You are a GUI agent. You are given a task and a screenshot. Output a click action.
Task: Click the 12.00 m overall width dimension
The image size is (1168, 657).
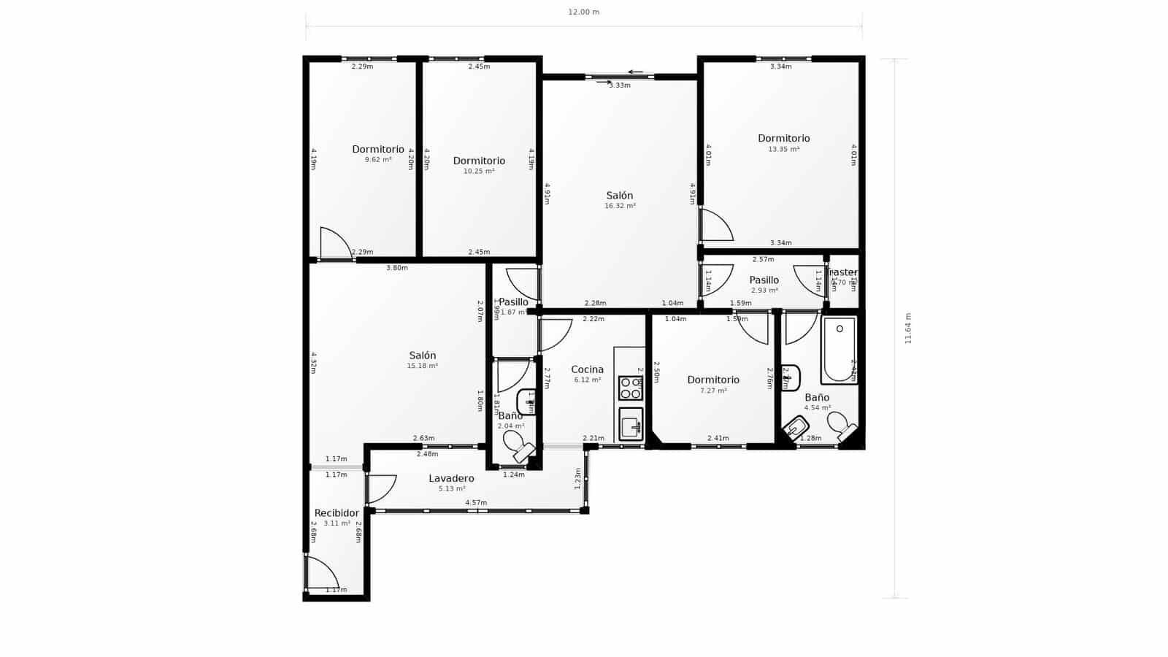click(583, 12)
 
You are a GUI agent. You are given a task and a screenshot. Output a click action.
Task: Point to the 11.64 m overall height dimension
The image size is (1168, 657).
click(908, 328)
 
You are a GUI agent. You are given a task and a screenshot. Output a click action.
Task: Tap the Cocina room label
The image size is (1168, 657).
click(587, 369)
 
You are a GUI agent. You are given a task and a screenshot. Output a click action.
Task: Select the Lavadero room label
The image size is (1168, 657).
click(451, 479)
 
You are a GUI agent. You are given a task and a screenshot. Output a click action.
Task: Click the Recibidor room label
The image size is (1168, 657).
click(337, 513)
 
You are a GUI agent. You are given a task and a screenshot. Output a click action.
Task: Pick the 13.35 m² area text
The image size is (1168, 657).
click(783, 150)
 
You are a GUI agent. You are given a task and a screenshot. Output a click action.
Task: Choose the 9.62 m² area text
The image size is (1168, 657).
click(378, 160)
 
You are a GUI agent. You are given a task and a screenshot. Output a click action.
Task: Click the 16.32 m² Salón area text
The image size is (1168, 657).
click(620, 207)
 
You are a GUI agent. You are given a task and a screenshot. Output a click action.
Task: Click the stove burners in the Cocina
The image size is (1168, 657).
click(630, 388)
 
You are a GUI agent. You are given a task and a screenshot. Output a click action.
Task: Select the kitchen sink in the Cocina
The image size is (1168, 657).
click(630, 423)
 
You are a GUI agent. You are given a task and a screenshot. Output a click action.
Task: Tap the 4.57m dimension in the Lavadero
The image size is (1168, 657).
click(476, 502)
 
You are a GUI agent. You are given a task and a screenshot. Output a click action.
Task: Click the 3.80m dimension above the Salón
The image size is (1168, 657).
click(396, 268)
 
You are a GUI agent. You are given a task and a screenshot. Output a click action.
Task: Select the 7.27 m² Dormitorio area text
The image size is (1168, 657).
click(712, 391)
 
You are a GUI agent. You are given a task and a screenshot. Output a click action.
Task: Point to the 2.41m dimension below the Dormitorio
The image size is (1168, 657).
click(718, 438)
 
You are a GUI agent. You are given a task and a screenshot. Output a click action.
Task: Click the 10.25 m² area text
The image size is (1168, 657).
click(479, 172)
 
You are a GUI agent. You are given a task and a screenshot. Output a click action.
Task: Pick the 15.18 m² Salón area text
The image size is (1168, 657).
click(422, 366)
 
